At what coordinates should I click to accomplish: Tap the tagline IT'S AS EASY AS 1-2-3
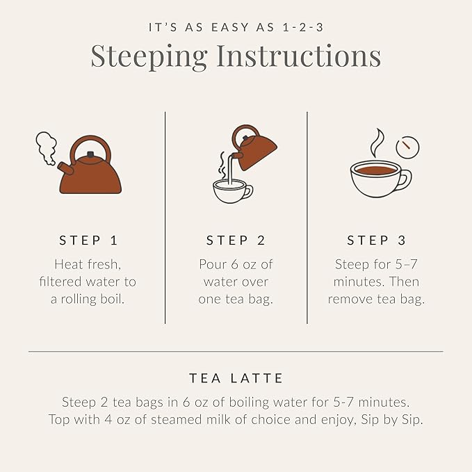click(236, 28)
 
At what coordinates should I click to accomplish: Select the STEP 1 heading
click(88, 241)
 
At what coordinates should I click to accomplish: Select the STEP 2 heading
click(236, 241)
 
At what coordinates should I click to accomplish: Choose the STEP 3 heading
click(376, 241)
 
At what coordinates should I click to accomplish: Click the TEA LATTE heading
click(236, 379)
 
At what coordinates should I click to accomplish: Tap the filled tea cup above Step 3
click(377, 179)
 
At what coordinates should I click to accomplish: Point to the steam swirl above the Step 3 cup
click(376, 143)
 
